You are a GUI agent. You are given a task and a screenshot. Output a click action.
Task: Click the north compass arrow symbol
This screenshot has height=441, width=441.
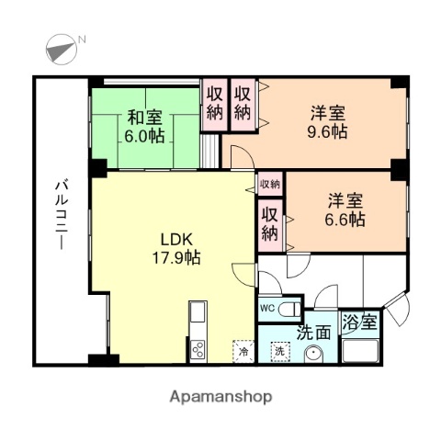click(61, 47)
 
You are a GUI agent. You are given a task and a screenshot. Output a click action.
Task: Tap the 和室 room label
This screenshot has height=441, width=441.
click(143, 117)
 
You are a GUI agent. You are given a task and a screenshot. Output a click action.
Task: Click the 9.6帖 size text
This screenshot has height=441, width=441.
click(328, 132)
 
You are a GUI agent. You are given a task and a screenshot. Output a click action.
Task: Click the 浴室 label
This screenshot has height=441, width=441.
click(360, 323)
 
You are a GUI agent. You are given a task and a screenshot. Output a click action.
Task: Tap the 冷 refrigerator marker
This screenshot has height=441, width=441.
click(243, 350)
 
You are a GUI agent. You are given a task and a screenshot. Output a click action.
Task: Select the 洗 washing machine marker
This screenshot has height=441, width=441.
click(278, 351)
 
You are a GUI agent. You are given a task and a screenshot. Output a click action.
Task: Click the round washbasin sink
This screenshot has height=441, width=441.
click(315, 353)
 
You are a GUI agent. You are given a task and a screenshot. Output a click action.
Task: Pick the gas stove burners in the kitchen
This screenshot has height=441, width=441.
click(196, 348)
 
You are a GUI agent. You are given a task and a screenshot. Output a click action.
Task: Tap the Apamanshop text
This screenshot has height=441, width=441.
click(220, 397)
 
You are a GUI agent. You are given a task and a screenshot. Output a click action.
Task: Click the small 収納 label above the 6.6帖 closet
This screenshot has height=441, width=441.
click(269, 184)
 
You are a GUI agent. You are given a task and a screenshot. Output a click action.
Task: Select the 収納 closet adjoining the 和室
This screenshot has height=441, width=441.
click(214, 102)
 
